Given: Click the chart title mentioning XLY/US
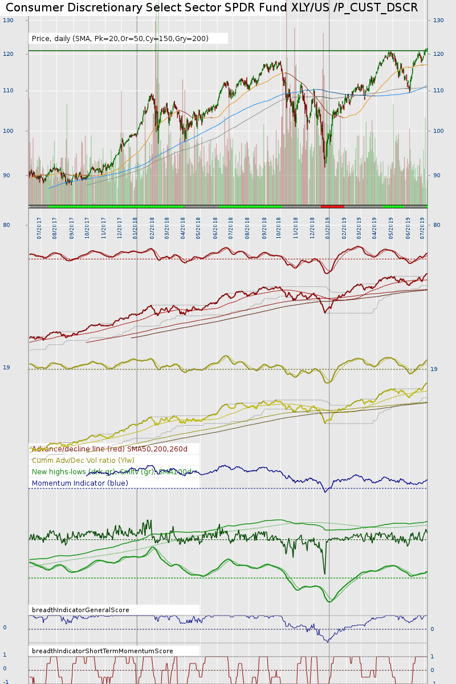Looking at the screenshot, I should tap(211, 7).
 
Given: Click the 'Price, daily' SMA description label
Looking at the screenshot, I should tap(120, 39).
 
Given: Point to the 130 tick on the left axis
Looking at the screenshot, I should tap(8, 20).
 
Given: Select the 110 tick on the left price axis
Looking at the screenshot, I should tap(8, 91).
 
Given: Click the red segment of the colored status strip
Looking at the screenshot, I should tap(332, 206).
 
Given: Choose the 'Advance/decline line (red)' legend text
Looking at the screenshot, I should tap(109, 449).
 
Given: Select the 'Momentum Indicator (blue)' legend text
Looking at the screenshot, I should tap(80, 483).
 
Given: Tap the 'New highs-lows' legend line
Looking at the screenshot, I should tap(112, 472).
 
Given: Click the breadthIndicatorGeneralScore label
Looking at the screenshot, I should tap(80, 610).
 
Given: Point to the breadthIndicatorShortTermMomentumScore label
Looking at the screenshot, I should tap(102, 651).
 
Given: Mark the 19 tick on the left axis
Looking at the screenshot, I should tap(6, 368).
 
